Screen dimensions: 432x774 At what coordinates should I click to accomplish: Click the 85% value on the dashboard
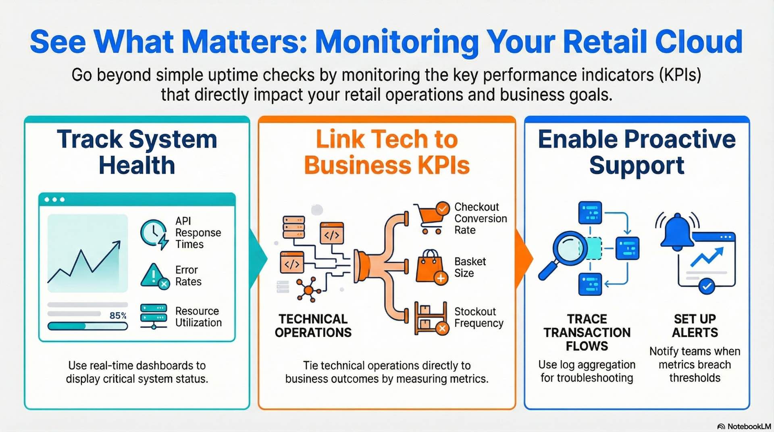pyautogui.click(x=118, y=316)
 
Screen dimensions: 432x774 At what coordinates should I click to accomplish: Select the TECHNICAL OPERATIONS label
pyautogui.click(x=313, y=326)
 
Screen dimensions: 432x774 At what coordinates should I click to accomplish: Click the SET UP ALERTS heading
pyautogui.click(x=695, y=326)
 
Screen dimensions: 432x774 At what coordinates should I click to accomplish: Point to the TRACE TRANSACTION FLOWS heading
pyautogui.click(x=587, y=332)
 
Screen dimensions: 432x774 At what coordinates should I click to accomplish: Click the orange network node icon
pyautogui.click(x=308, y=290)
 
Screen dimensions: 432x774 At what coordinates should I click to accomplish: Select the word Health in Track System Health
pyautogui.click(x=137, y=166)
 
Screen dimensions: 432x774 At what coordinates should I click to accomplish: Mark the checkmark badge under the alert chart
pyautogui.click(x=706, y=287)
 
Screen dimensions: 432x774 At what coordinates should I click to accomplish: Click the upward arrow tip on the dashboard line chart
pyautogui.click(x=118, y=243)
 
